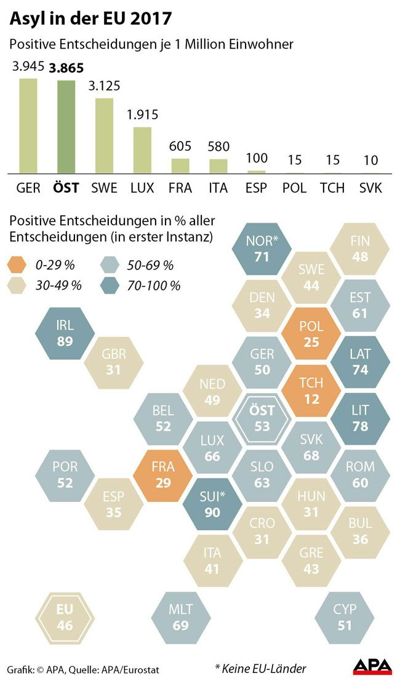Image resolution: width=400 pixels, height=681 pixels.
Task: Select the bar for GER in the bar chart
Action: tap(28, 125)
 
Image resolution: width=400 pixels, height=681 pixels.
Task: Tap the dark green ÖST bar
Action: tap(66, 127)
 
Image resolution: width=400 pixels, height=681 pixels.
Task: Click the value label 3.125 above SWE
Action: tap(104, 85)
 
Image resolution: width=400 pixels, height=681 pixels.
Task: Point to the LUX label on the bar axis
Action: tap(142, 188)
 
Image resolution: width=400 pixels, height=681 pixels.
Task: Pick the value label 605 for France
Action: tap(180, 146)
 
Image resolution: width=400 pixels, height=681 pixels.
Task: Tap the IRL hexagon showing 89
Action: tap(65, 333)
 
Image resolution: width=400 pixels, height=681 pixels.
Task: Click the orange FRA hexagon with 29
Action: tap(163, 474)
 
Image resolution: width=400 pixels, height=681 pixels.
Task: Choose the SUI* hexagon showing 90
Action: tap(212, 503)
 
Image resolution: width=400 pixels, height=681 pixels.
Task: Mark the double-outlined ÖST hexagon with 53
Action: tap(262, 418)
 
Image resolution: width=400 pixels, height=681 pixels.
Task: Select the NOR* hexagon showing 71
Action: tap(262, 247)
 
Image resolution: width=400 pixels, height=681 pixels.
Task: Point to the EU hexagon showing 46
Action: tap(64, 617)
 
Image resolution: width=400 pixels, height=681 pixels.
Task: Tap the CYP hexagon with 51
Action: tap(344, 617)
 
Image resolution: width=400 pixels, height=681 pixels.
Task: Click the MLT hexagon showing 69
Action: tap(180, 617)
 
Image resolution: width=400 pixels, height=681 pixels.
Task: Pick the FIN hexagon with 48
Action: tap(360, 248)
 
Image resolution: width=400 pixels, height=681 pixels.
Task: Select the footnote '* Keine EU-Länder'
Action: tap(260, 668)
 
